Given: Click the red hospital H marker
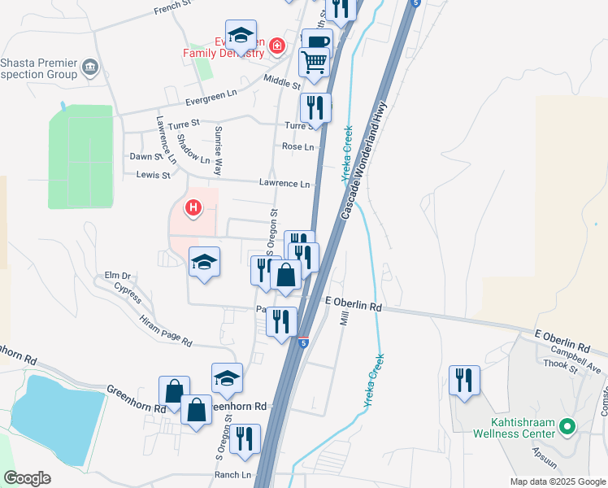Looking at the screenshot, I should point(193,208).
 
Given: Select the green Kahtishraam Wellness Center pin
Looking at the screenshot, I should point(567,425).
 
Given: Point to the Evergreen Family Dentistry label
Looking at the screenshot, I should point(224,47).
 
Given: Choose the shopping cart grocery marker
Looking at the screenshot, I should point(315,62).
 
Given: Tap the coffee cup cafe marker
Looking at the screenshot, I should point(316,41).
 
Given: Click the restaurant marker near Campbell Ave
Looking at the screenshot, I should point(464,379).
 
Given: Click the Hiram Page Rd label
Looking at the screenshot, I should point(165,331).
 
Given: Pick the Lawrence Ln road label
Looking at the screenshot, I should point(284,184).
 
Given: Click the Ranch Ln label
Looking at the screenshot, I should point(233,475).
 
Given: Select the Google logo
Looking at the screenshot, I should point(28,478).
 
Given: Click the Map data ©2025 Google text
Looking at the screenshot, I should point(557,481).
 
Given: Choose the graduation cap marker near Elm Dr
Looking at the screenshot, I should point(204,262).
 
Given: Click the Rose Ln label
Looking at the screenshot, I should point(297,146).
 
